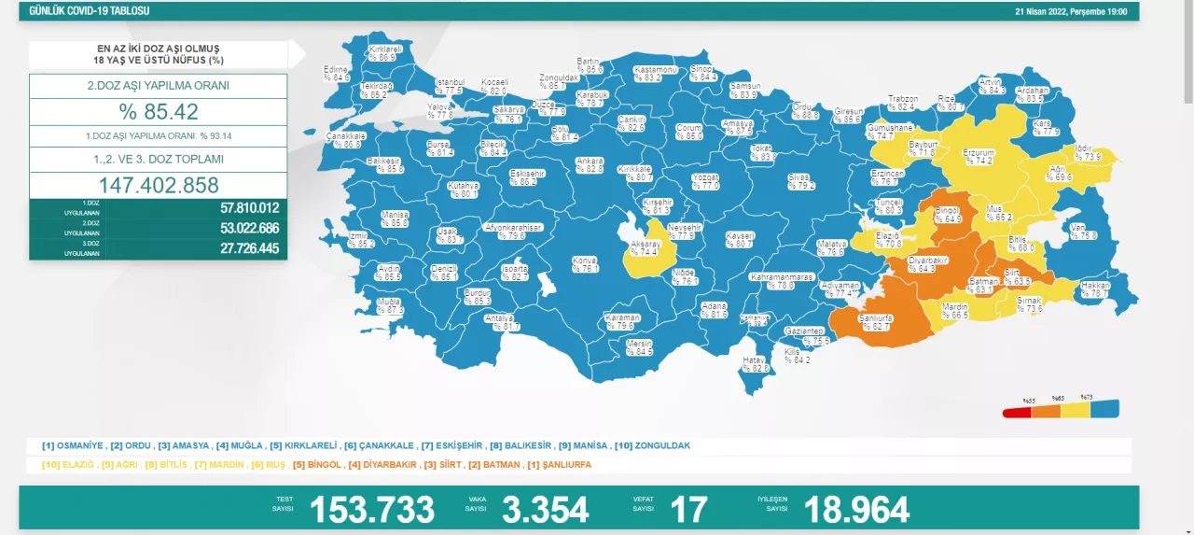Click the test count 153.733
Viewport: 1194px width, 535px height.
pos(371,510)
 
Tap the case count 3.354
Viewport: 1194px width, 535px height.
pos(545,510)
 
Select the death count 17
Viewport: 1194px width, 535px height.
pos(688,510)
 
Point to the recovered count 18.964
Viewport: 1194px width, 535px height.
pos(855,510)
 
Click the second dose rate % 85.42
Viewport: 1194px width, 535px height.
pos(158,112)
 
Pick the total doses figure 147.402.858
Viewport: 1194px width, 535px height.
pos(158,185)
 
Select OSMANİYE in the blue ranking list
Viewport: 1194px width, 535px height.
pos(76,445)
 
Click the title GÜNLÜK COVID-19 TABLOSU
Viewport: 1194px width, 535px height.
pos(90,11)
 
